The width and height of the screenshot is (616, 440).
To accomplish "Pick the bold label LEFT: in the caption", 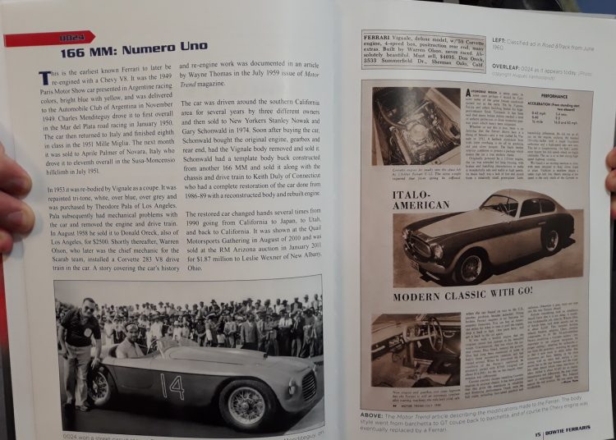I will pos(499,39).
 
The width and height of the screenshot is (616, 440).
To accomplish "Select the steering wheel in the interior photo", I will pos(423,335).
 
